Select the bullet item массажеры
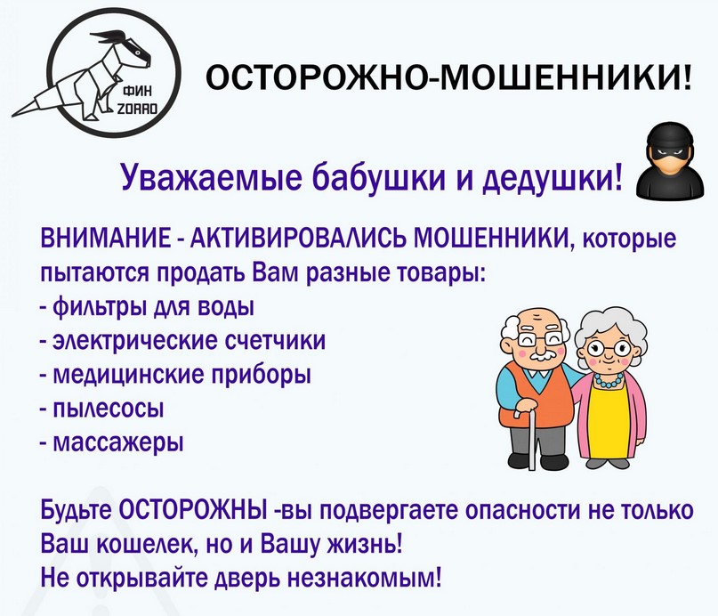coord(119,442)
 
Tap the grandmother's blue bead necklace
coord(607,381)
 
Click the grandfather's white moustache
coord(544,356)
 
